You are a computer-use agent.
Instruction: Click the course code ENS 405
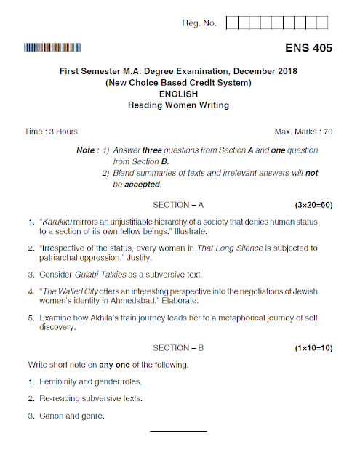[308, 49]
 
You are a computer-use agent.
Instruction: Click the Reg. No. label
[199, 23]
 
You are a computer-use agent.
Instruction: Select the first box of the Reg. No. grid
[232, 23]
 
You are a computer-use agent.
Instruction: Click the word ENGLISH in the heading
[179, 93]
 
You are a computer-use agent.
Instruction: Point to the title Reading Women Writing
[179, 105]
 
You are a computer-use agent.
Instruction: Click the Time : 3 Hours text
[52, 132]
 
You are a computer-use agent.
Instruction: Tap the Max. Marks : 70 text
[303, 132]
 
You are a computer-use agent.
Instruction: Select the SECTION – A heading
[179, 206]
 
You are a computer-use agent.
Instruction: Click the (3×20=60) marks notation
[313, 206]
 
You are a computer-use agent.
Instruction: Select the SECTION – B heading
[179, 348]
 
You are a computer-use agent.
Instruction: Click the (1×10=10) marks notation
[313, 348]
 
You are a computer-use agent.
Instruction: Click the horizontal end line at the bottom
[179, 432]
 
